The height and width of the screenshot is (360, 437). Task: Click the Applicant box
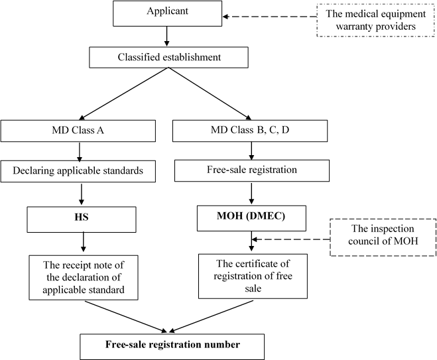(x=168, y=13)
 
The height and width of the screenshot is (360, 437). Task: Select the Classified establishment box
(x=168, y=58)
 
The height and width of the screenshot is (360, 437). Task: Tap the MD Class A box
(x=78, y=131)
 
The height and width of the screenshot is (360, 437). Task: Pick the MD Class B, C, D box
(x=250, y=131)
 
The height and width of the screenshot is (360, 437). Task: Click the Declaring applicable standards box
(x=78, y=171)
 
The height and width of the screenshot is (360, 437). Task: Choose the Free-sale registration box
(x=252, y=170)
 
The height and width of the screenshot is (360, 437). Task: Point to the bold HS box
(x=82, y=219)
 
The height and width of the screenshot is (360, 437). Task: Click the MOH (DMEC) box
(x=251, y=218)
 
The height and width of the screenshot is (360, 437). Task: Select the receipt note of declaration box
(x=84, y=278)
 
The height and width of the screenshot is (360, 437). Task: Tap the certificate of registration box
(x=253, y=276)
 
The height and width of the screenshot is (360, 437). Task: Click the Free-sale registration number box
(x=172, y=347)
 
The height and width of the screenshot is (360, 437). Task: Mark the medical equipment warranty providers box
(x=376, y=21)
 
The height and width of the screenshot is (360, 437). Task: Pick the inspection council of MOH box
(x=383, y=237)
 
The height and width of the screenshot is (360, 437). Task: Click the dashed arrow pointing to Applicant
(x=270, y=17)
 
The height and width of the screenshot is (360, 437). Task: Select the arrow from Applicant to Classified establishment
(x=166, y=36)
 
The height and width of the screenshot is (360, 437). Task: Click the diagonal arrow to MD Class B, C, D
(x=210, y=93)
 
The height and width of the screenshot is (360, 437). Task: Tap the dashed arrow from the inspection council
(x=290, y=239)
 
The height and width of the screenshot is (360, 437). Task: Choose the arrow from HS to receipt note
(x=83, y=242)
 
